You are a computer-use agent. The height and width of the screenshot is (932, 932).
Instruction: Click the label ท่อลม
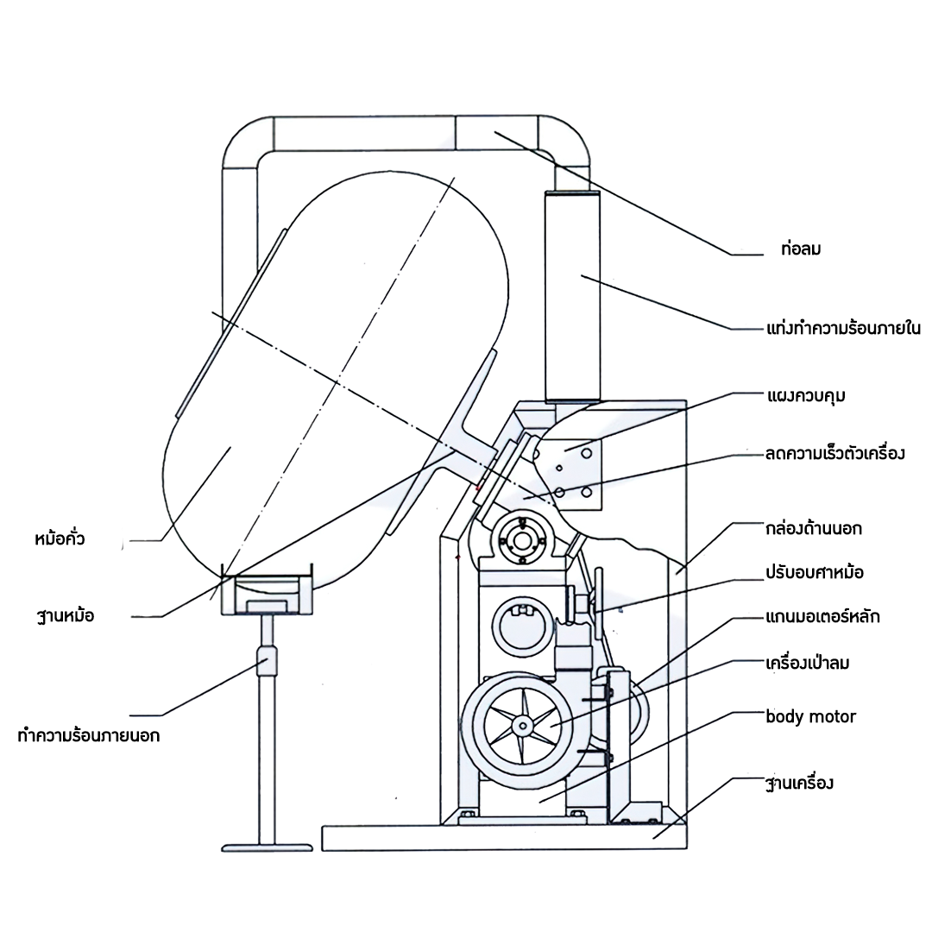click(x=799, y=250)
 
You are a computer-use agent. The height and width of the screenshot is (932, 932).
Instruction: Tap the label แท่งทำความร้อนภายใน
click(x=843, y=329)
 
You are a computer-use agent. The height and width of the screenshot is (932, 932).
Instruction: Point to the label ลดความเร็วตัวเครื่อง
click(x=834, y=453)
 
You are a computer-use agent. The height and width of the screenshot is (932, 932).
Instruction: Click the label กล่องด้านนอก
click(x=813, y=528)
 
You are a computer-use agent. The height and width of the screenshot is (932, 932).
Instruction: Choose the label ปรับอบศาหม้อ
click(x=814, y=572)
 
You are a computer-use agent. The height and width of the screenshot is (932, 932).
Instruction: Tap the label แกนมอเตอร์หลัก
click(x=822, y=618)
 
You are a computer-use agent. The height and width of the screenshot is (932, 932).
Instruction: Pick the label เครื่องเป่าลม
click(x=808, y=664)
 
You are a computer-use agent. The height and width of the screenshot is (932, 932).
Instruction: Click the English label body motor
click(x=810, y=717)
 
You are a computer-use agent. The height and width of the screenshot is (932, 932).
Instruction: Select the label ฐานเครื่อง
click(x=799, y=784)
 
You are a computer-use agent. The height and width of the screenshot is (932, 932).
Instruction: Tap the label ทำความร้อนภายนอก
click(x=88, y=736)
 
